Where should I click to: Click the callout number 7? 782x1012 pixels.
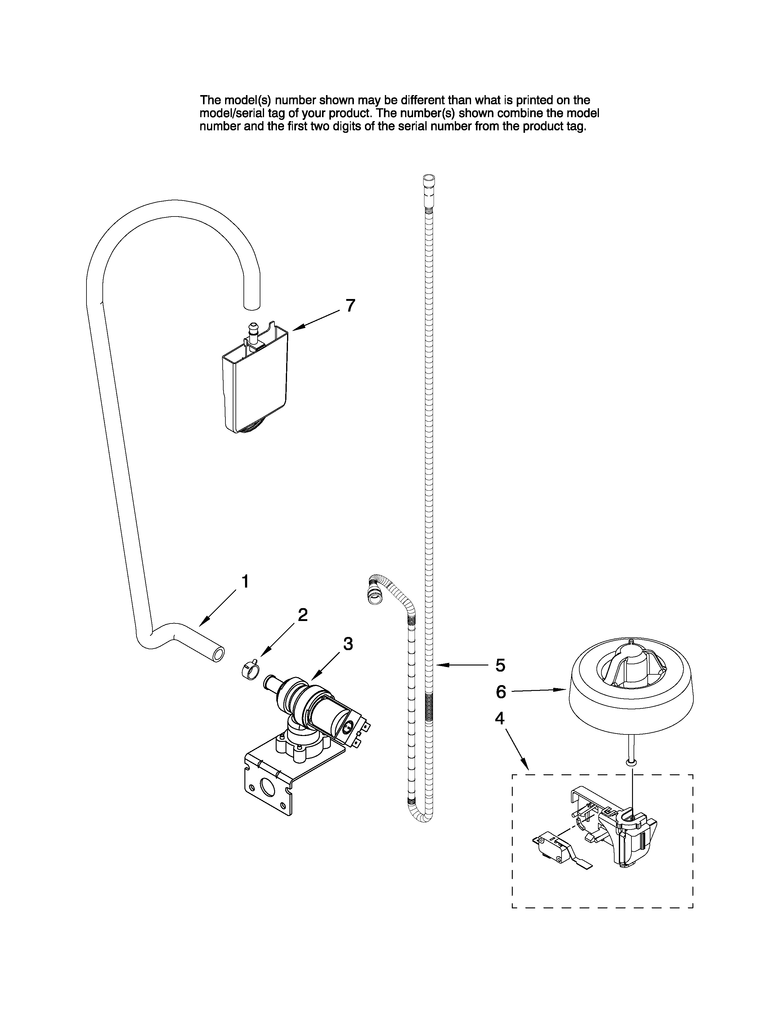[x=351, y=306]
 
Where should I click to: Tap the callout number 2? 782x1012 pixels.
[x=302, y=615]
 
